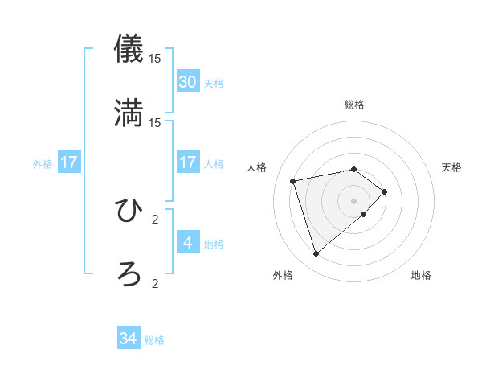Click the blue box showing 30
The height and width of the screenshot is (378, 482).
(x=187, y=82)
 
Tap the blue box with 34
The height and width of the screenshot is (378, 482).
(x=129, y=339)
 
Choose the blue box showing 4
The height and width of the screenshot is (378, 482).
(x=187, y=242)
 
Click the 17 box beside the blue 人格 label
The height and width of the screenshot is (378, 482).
(x=187, y=162)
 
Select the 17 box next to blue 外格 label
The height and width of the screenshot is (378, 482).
(x=69, y=162)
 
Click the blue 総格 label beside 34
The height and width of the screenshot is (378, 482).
(x=154, y=340)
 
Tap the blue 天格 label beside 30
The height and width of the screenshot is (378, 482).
(x=214, y=83)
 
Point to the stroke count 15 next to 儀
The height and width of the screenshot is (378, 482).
(x=155, y=58)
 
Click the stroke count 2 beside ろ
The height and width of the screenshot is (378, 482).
(x=155, y=283)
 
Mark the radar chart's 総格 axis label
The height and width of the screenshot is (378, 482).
(x=353, y=105)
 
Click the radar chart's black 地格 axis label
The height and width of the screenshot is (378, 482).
(x=421, y=275)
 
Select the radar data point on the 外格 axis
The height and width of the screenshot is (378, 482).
(x=316, y=254)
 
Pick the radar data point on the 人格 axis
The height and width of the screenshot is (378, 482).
(x=293, y=180)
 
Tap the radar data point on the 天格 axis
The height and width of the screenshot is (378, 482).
(x=385, y=191)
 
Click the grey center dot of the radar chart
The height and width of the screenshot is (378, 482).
(x=353, y=200)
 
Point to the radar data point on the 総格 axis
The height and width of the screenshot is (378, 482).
(x=353, y=169)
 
